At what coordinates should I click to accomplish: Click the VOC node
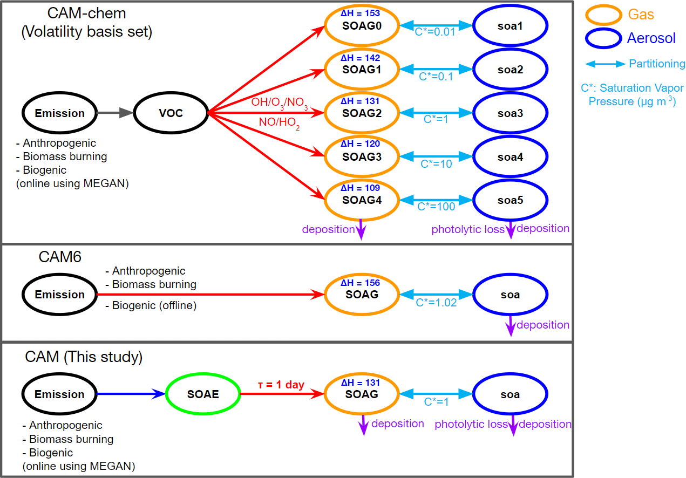click(171, 113)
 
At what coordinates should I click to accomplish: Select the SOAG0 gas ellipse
click(361, 25)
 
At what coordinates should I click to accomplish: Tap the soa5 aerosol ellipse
click(510, 201)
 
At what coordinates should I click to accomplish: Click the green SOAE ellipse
click(203, 394)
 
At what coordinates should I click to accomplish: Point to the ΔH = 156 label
click(361, 283)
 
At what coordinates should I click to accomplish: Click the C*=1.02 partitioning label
click(436, 303)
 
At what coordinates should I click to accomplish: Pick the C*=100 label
click(437, 206)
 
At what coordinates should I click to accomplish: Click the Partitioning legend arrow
click(605, 64)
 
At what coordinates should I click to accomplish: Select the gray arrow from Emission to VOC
click(115, 113)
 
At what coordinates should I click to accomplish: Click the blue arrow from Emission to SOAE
click(131, 394)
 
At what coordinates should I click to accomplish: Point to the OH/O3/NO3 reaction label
click(279, 103)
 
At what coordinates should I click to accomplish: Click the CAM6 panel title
click(60, 257)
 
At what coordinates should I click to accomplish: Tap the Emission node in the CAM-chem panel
click(60, 113)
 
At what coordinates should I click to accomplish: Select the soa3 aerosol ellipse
click(510, 113)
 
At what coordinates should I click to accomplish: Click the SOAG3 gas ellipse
click(361, 157)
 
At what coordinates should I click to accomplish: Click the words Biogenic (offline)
click(154, 306)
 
